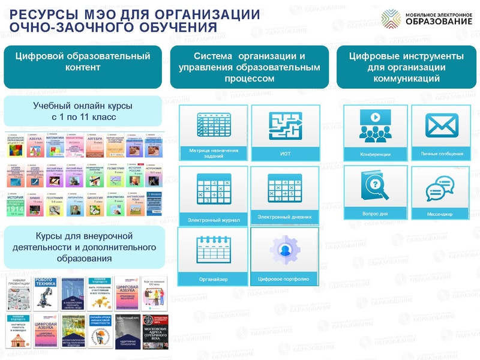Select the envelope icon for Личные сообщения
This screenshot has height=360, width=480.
tap(442, 125)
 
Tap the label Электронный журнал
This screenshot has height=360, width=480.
tap(214, 220)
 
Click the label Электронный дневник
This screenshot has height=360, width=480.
tap(284, 217)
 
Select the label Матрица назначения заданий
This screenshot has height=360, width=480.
tap(214, 153)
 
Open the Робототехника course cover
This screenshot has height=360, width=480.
tap(46, 293)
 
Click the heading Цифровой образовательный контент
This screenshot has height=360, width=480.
tap(83, 62)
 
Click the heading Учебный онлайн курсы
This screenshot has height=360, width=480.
tap(82, 111)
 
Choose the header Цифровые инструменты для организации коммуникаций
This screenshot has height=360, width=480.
tap(406, 67)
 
